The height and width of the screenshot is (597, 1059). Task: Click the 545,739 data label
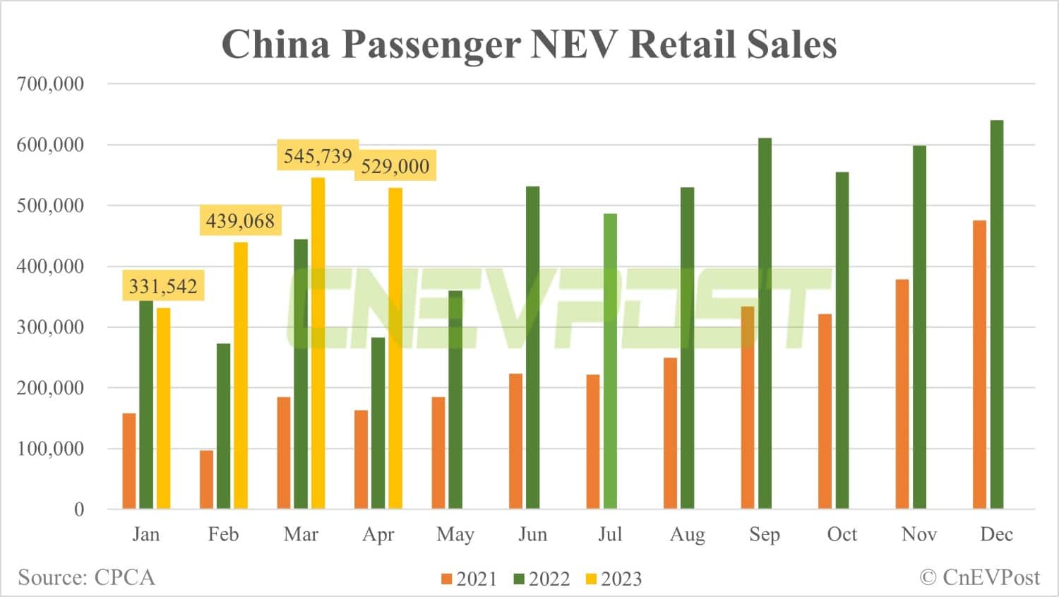(x=318, y=155)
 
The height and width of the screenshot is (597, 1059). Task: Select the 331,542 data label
(x=163, y=286)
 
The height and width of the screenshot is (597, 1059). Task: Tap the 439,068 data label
(x=240, y=221)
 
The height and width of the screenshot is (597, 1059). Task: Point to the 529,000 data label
(x=395, y=166)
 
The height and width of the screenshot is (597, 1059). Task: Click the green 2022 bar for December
(x=996, y=314)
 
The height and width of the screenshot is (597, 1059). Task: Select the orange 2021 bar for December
(x=979, y=365)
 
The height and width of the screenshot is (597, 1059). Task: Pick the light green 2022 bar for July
(x=610, y=361)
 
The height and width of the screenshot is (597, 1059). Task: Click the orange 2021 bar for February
(x=206, y=479)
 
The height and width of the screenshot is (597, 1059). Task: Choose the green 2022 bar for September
(x=765, y=323)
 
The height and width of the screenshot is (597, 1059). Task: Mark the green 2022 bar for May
(x=455, y=399)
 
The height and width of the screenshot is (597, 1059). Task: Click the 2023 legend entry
(x=614, y=579)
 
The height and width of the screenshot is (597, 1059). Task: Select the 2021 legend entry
(x=469, y=579)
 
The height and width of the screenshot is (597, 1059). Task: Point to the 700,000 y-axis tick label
(x=50, y=84)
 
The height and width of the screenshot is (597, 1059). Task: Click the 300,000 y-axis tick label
(x=50, y=327)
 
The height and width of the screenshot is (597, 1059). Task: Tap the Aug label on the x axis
(x=687, y=535)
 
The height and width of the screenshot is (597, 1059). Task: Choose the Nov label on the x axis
(x=919, y=535)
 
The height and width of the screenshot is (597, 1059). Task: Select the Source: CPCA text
(x=86, y=578)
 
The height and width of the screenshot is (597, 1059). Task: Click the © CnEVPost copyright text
(x=979, y=578)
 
